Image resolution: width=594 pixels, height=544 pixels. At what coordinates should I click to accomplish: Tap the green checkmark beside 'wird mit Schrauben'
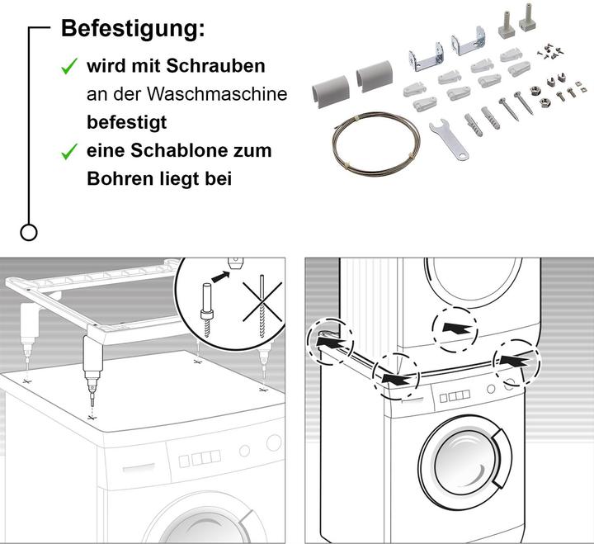point(70,67)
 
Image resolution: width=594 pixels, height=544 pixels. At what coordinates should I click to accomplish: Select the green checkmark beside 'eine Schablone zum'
point(70,152)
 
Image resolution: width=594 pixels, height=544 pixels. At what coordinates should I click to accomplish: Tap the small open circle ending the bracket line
point(29,232)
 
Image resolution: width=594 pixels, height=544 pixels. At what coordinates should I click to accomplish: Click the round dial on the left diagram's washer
point(244,452)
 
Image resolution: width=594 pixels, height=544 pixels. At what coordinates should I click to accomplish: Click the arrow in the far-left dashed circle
point(326,338)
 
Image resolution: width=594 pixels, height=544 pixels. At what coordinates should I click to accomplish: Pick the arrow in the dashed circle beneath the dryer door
point(454,327)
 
